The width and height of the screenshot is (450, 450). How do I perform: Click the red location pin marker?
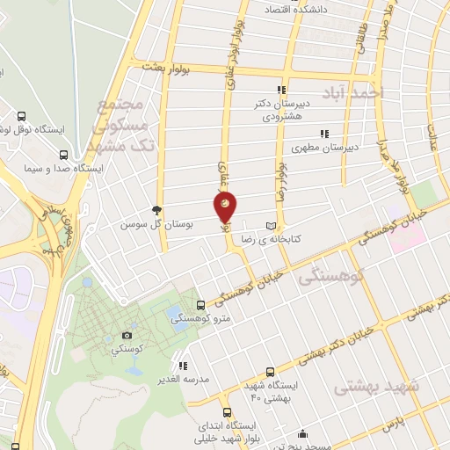[x=225, y=207]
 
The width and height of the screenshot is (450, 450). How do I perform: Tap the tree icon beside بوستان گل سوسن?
[x=156, y=209]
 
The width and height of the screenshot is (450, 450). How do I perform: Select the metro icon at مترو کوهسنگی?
[x=200, y=304]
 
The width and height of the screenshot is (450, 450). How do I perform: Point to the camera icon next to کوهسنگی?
[x=127, y=335]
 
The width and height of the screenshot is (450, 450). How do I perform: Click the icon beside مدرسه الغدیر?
[x=182, y=365]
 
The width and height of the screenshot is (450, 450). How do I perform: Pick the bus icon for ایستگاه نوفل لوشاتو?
[x=22, y=115]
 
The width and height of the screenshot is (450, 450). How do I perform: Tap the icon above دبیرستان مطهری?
[x=324, y=134]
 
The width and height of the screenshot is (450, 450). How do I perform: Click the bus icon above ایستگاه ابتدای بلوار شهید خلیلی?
[x=227, y=412]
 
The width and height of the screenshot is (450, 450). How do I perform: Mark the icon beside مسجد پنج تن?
[x=303, y=433]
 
